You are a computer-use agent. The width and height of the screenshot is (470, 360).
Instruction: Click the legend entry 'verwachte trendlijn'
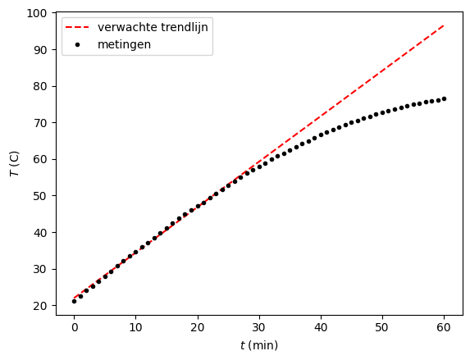(153, 27)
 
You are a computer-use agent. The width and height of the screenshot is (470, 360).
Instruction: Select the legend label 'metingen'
(125, 44)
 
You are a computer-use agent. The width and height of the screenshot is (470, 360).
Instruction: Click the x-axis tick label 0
(74, 327)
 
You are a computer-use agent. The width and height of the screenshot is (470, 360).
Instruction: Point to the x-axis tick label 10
(135, 327)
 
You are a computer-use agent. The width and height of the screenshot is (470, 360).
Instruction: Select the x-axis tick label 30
(258, 327)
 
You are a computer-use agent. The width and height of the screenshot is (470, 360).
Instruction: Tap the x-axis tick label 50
(382, 327)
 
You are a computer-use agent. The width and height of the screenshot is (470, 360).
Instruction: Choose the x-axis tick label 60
(444, 327)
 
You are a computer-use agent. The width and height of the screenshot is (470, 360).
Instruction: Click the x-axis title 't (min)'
(258, 345)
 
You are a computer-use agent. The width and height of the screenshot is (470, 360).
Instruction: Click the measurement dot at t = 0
(74, 301)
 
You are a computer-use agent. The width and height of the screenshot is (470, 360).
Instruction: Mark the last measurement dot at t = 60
(444, 98)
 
